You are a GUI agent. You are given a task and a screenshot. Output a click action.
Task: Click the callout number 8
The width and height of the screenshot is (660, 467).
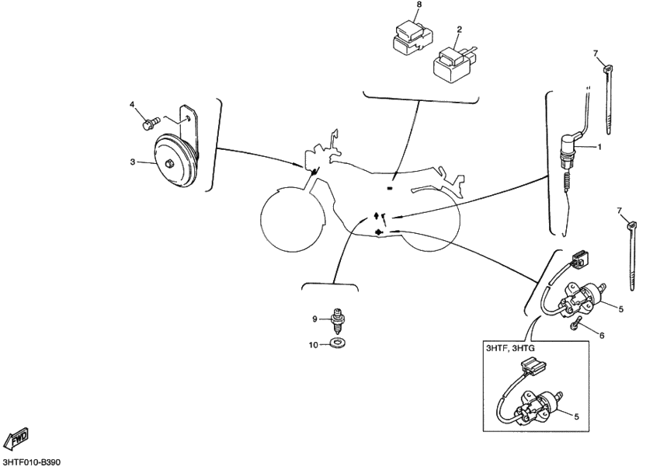[x=419, y=5]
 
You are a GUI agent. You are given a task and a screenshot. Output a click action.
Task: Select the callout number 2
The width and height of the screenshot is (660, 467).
[x=459, y=29]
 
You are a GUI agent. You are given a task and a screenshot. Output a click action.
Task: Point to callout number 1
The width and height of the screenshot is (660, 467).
[x=599, y=145]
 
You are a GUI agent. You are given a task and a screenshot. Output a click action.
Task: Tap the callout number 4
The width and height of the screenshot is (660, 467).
[x=132, y=104]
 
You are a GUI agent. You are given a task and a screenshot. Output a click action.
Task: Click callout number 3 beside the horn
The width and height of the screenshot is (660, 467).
[x=132, y=162]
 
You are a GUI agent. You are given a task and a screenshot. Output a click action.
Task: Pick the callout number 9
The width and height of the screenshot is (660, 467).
[x=315, y=319]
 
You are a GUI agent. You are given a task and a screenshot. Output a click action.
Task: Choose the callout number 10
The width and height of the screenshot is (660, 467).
[x=314, y=344]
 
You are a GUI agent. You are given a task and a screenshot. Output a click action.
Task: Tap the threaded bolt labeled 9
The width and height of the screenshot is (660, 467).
[x=337, y=319]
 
